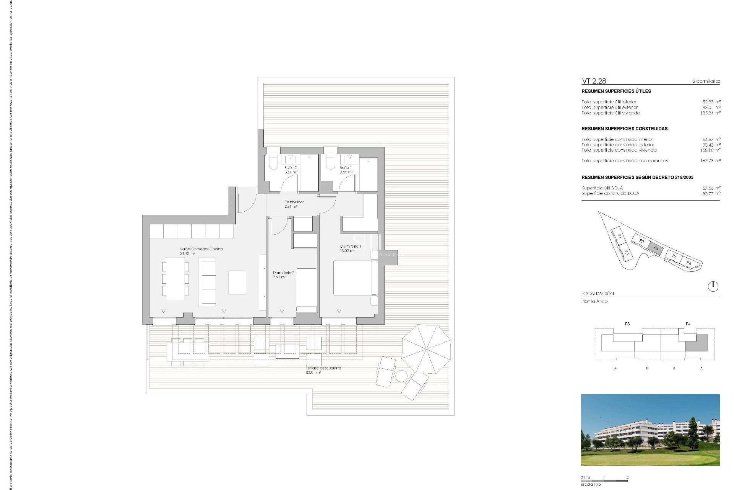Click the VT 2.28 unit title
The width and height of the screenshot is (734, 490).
tap(594, 81)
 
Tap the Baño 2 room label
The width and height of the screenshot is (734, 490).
tap(291, 170)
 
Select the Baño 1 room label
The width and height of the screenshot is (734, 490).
tap(346, 170)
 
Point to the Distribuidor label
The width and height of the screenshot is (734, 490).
tap(294, 204)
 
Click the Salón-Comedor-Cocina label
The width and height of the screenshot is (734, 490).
tap(201, 251)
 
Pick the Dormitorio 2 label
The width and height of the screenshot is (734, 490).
tap(283, 274)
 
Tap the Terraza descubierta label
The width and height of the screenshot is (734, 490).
tap(323, 370)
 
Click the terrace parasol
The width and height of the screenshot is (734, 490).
tap(426, 349)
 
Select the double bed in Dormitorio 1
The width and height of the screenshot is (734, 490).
tap(352, 278)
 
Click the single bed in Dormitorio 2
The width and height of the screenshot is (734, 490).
tap(306, 290)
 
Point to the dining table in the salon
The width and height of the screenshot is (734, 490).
tap(175, 278)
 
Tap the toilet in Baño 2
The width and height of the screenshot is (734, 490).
tap(273, 162)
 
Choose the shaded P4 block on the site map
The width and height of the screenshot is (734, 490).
tap(656, 248)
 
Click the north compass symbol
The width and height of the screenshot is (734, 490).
tap(713, 286)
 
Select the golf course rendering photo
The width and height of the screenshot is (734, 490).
tap(650, 430)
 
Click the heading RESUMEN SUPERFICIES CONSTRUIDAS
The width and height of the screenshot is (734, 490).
tap(624, 129)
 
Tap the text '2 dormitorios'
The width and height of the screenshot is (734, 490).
tap(706, 81)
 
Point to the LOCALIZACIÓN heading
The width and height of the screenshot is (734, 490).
tap(598, 294)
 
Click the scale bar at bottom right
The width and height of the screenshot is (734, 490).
tap(604, 480)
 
